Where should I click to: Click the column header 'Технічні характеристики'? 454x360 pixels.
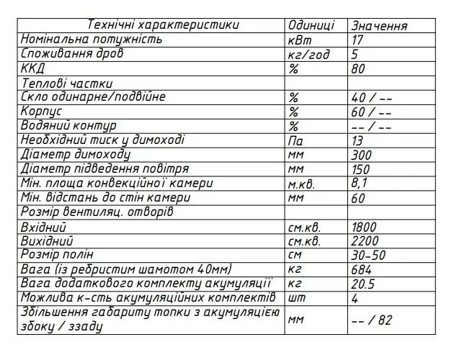pyautogui.click(x=163, y=25)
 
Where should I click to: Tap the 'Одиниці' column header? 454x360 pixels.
pyautogui.click(x=311, y=25)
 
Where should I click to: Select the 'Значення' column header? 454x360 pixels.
pyautogui.click(x=380, y=26)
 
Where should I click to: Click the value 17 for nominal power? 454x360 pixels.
pyautogui.click(x=358, y=40)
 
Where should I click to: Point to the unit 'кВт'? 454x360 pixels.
pyautogui.click(x=300, y=40)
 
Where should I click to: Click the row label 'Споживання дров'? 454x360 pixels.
pyautogui.click(x=72, y=54)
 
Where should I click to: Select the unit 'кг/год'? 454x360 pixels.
pyautogui.click(x=308, y=54)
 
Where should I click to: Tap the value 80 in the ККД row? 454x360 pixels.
pyautogui.click(x=359, y=68)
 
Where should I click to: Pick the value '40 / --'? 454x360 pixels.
pyautogui.click(x=371, y=97)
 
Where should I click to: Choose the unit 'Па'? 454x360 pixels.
pyautogui.click(x=295, y=140)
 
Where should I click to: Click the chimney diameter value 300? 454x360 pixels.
pyautogui.click(x=362, y=155)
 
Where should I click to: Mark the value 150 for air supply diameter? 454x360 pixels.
pyautogui.click(x=362, y=169)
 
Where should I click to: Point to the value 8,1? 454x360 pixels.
pyautogui.click(x=360, y=183)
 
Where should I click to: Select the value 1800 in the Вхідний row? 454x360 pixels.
pyautogui.click(x=365, y=227)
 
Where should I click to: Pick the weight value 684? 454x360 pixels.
pyautogui.click(x=362, y=269)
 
